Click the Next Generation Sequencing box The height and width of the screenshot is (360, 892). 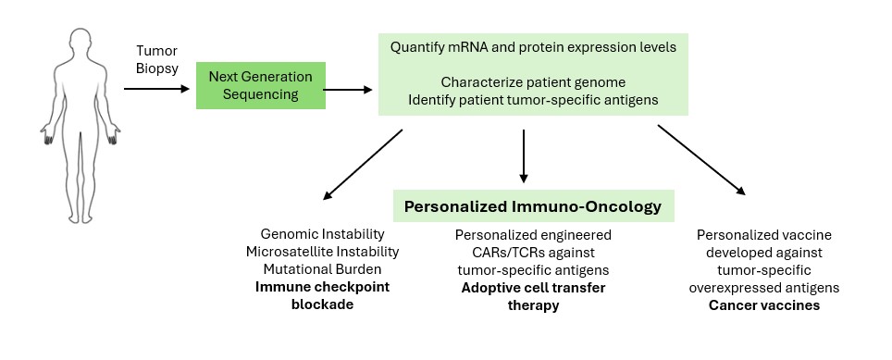tap(261, 85)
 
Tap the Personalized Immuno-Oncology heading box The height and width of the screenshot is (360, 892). tap(533, 205)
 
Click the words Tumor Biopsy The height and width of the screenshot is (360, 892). tap(157, 60)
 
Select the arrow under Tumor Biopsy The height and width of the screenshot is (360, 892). tap(156, 89)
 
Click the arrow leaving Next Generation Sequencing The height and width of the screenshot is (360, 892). tap(347, 89)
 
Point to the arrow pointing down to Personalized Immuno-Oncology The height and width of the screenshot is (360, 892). tap(524, 155)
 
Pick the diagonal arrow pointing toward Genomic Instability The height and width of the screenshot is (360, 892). tap(363, 165)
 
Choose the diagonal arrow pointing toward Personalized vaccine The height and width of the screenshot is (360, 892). tap(701, 160)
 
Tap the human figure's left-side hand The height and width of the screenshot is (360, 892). tap(47, 135)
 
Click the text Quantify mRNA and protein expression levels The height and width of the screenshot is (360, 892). tap(533, 46)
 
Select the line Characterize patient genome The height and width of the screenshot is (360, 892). tap(533, 82)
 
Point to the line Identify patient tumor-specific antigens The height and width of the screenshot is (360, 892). tap(533, 100)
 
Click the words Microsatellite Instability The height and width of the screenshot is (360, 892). tap(323, 252)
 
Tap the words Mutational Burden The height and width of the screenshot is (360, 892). tap(323, 269)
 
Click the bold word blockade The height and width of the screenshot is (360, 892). tap(323, 304)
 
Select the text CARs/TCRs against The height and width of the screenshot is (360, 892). tap(533, 252)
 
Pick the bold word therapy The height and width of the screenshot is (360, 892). tap(533, 305)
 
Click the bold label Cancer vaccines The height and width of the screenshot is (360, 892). tap(764, 305)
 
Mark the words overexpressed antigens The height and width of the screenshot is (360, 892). tap(764, 288)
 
